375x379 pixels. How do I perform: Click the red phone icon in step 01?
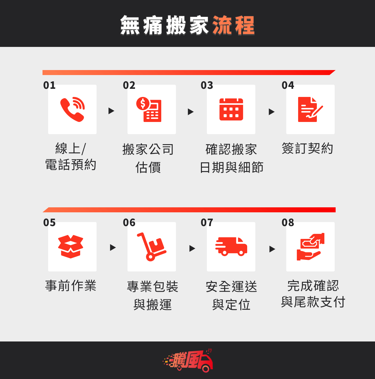(72, 109)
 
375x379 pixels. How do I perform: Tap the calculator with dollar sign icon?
(149, 109)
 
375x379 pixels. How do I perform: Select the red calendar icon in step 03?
(231, 109)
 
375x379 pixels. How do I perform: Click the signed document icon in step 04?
(310, 109)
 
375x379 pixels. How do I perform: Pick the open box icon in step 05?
(71, 247)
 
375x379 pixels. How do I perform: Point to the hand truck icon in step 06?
(152, 247)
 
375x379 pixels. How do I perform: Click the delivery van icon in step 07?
(231, 246)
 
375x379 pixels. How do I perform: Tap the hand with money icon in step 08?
(311, 247)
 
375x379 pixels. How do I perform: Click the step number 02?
(129, 85)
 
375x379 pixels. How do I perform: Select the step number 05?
(49, 222)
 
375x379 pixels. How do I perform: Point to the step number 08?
(288, 222)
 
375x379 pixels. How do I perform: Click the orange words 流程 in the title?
(234, 25)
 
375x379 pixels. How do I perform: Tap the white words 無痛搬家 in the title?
(164, 25)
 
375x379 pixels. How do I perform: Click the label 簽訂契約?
(307, 148)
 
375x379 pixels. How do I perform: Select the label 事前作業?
(71, 286)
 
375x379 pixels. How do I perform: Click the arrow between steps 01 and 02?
(111, 111)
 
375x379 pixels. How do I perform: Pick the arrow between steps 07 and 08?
(272, 249)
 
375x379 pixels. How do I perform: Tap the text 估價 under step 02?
(148, 167)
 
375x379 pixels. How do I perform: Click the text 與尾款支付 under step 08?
(313, 302)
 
